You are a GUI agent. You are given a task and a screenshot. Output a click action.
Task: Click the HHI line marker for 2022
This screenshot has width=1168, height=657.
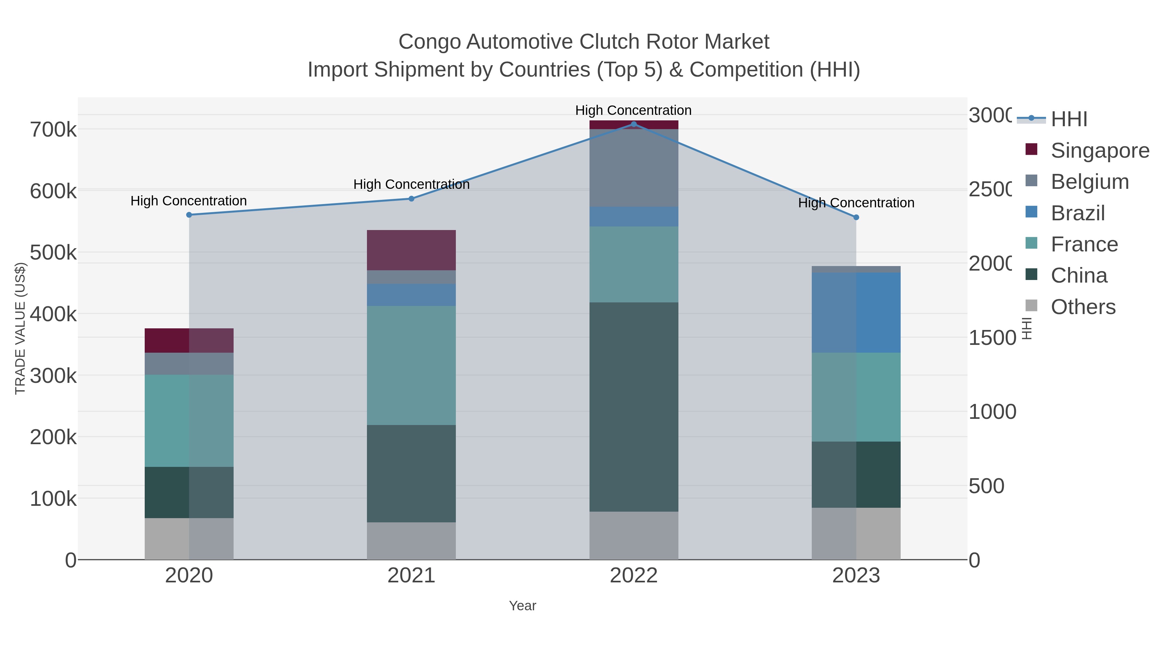pos(633,124)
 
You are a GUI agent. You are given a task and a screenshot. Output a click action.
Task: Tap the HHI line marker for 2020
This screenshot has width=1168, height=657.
pos(189,215)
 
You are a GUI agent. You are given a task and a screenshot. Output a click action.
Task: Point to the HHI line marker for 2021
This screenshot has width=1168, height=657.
pos(411,199)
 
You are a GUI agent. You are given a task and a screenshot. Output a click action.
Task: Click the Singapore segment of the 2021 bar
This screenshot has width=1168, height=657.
pos(411,250)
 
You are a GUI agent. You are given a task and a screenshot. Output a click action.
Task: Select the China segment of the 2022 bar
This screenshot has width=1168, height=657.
pos(633,407)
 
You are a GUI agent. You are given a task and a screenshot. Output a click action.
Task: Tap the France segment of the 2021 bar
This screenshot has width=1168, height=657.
pos(411,365)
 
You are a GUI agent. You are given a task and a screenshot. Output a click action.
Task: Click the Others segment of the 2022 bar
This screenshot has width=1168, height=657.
pos(633,535)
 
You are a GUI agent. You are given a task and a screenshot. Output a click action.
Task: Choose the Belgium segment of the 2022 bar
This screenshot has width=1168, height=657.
pos(633,168)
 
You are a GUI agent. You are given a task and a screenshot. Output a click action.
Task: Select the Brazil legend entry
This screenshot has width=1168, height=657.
pos(1077,213)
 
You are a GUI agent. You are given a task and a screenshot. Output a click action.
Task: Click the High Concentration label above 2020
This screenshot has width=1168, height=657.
pos(189,201)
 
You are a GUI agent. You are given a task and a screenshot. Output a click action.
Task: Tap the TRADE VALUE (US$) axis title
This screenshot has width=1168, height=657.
pos(20,328)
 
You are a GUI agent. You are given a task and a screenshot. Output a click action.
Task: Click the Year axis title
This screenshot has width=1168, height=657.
pos(522,606)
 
